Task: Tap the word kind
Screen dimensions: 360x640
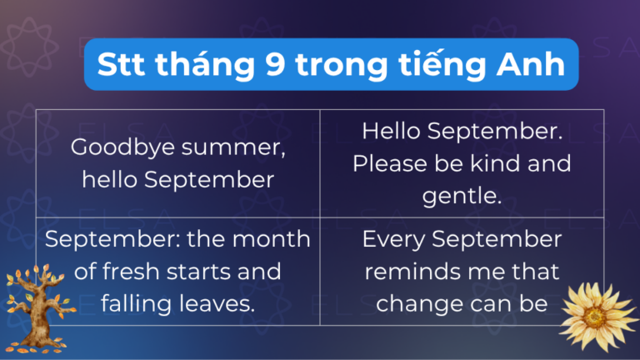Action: point(493,162)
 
